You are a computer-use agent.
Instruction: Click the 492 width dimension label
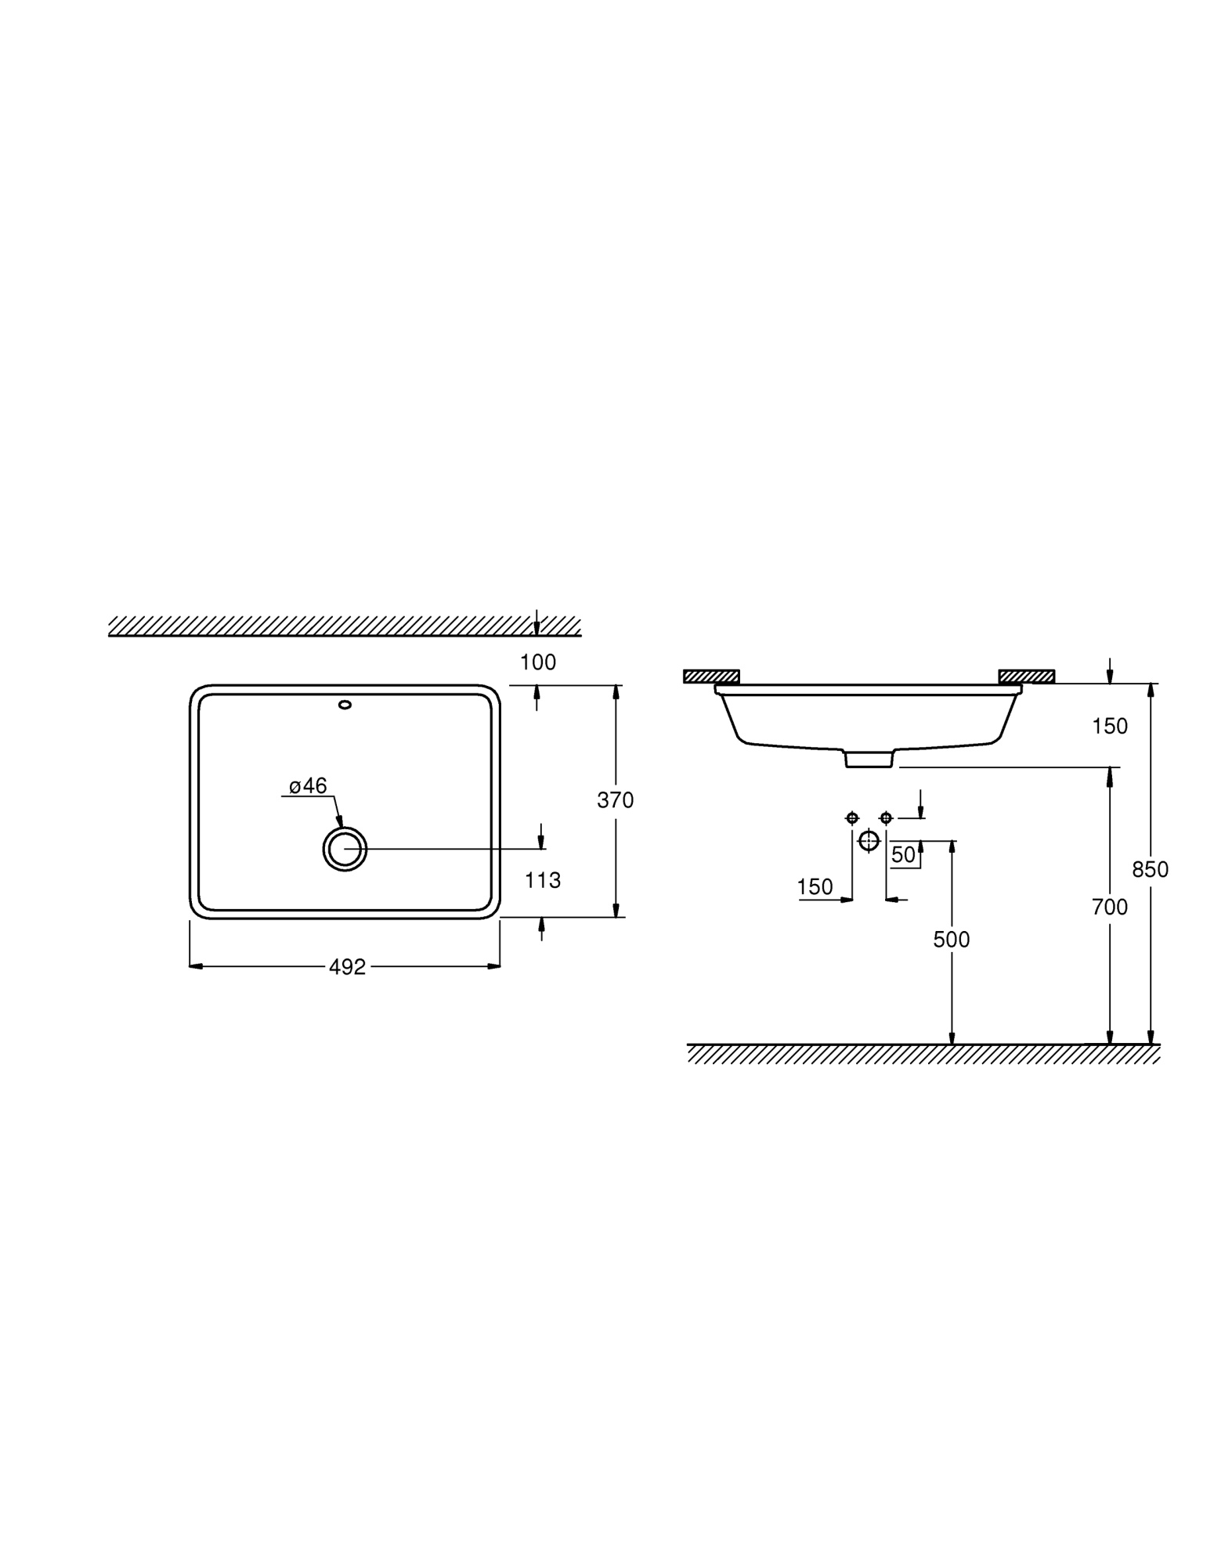tap(347, 967)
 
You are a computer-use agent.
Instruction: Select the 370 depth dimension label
tap(615, 800)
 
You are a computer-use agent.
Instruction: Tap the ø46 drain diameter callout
tap(308, 785)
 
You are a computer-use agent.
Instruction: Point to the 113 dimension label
tap(543, 881)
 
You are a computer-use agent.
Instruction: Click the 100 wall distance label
tap(538, 662)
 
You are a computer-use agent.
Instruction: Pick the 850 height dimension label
tap(1150, 869)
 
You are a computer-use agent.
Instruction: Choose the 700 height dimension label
tap(1109, 907)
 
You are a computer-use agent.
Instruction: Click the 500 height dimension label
tap(951, 940)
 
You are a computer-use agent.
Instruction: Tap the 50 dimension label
tap(903, 855)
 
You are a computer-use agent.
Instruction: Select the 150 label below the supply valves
tap(815, 887)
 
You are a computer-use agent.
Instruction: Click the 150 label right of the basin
tap(1110, 727)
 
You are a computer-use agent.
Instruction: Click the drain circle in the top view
tap(345, 849)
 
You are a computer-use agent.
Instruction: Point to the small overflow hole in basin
tap(345, 705)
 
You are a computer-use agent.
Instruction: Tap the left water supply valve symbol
tap(852, 818)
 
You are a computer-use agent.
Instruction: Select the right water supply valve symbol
tap(886, 818)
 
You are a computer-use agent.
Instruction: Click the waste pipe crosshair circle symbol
tap(869, 841)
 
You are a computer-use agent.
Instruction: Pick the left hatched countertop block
tap(711, 677)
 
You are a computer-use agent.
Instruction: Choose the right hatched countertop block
tap(1026, 677)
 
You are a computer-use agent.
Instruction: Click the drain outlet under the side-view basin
tap(869, 759)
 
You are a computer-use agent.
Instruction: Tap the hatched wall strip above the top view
tap(345, 626)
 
